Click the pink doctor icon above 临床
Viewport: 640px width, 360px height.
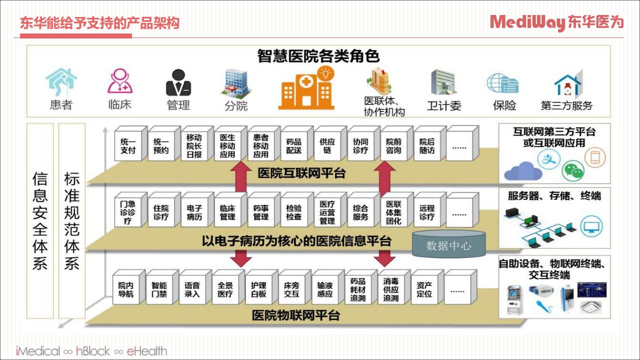[120, 81]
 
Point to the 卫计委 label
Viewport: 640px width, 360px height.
[444, 106]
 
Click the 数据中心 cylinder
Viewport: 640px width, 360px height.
[448, 244]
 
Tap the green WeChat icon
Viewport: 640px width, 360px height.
[573, 170]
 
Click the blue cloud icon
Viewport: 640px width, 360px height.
[523, 171]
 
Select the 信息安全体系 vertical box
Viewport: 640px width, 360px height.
[40, 221]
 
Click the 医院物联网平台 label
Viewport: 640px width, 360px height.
[295, 315]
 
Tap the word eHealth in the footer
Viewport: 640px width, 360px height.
[147, 351]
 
